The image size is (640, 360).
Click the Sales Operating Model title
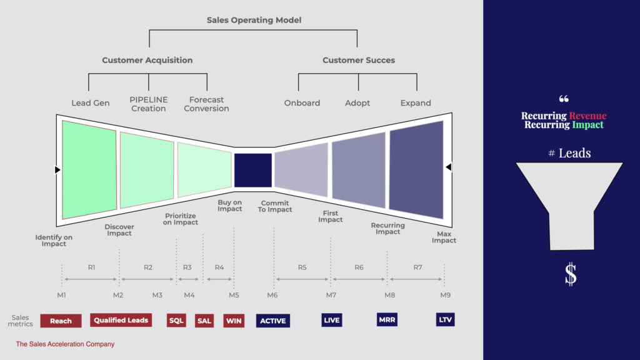(x=254, y=21)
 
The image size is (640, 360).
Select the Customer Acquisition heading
(x=147, y=61)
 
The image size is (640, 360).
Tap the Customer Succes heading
(x=359, y=61)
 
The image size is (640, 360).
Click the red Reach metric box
(x=61, y=321)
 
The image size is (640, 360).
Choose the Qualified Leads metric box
(x=121, y=321)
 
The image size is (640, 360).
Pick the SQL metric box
(x=177, y=321)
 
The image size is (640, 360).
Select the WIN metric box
(x=234, y=321)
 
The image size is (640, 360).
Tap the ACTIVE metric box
(x=273, y=321)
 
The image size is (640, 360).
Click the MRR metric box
(x=387, y=320)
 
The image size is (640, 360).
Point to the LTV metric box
(x=446, y=320)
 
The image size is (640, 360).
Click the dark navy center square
(x=253, y=171)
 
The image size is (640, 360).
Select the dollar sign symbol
(x=570, y=274)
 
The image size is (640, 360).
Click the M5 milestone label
(x=234, y=295)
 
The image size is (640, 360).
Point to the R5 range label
(x=302, y=267)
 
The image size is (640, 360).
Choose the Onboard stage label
(x=302, y=103)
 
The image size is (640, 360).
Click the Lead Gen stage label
(x=91, y=103)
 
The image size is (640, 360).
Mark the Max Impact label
(x=444, y=237)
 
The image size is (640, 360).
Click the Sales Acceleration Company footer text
(x=65, y=344)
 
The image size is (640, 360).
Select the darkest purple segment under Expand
(x=416, y=169)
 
